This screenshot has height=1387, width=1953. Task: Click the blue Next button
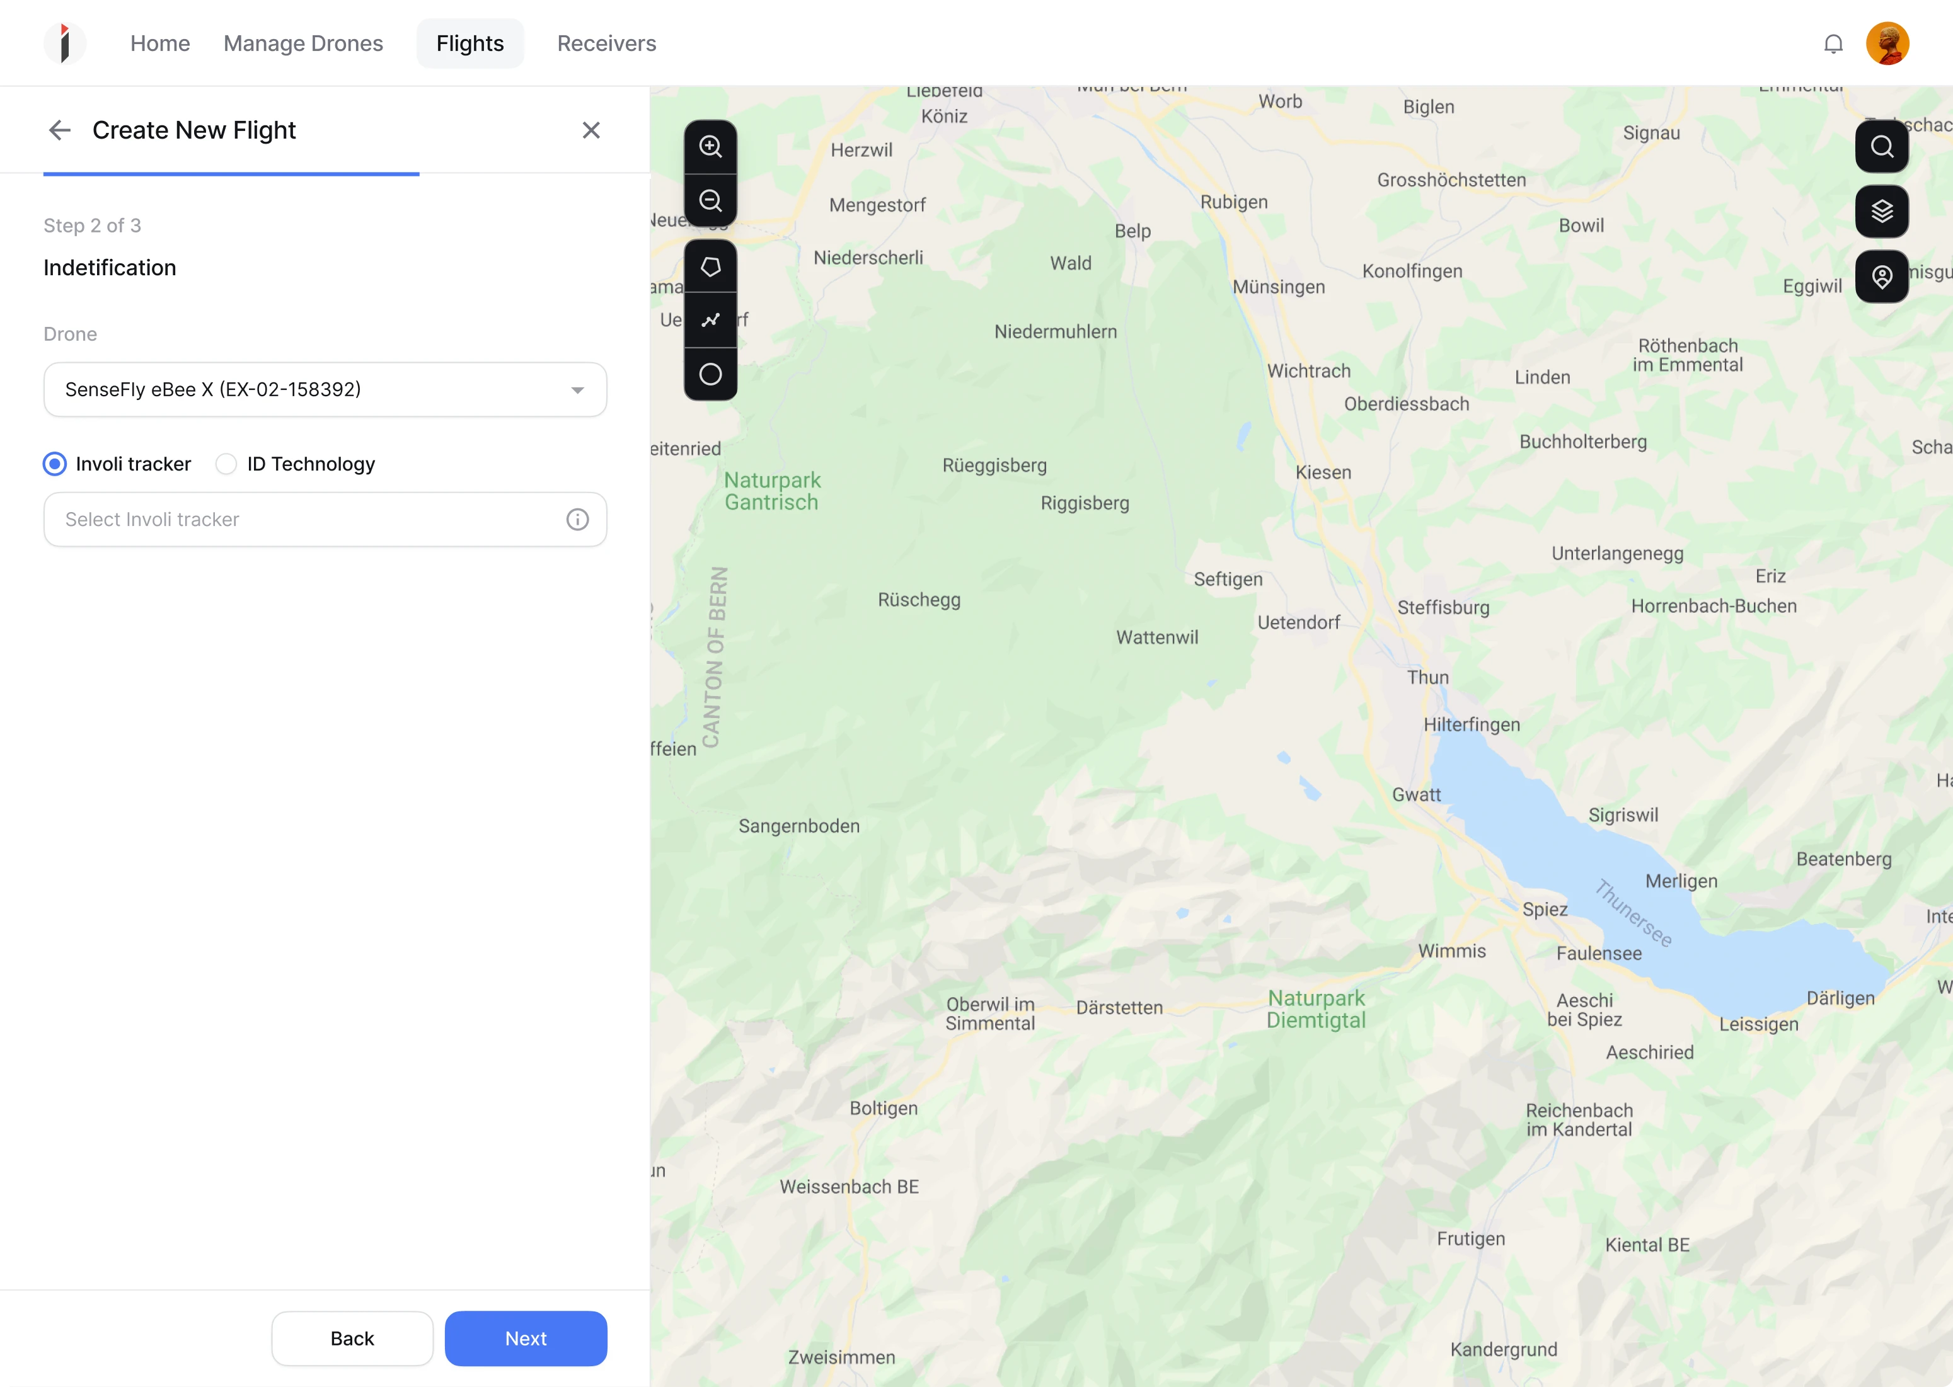tap(526, 1338)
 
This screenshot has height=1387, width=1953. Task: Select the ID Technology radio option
tap(226, 464)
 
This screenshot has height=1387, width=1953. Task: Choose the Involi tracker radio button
tap(55, 464)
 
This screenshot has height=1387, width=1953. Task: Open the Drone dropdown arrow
tap(577, 391)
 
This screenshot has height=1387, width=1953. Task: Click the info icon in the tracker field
tap(577, 519)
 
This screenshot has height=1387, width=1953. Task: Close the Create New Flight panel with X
tap(591, 130)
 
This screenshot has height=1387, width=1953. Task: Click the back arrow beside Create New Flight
tap(60, 130)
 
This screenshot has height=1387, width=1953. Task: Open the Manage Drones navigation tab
tap(303, 43)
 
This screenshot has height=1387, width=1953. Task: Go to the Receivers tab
tap(607, 43)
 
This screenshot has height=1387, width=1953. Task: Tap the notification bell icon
tap(1833, 43)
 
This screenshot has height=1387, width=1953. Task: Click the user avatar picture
tap(1887, 43)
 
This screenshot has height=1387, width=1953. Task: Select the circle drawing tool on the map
tap(711, 374)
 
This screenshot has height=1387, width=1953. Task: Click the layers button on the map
tap(1882, 211)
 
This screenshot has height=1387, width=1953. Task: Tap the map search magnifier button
tap(1882, 146)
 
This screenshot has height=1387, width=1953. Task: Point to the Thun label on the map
tap(1427, 677)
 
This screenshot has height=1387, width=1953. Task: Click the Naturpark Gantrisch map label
tap(773, 491)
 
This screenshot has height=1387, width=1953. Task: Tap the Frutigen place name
tap(1470, 1238)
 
